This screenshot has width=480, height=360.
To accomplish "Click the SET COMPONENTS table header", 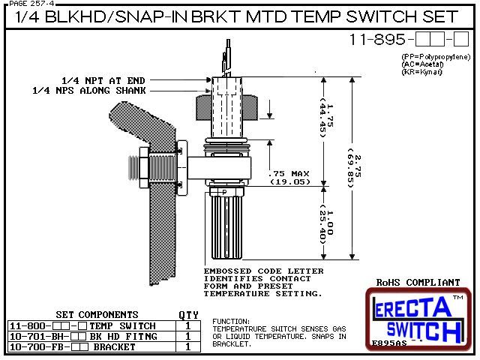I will click(97, 315).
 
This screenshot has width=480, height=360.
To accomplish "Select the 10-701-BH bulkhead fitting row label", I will click(34, 337).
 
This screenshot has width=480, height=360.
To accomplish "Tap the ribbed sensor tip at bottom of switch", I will click(226, 224).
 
